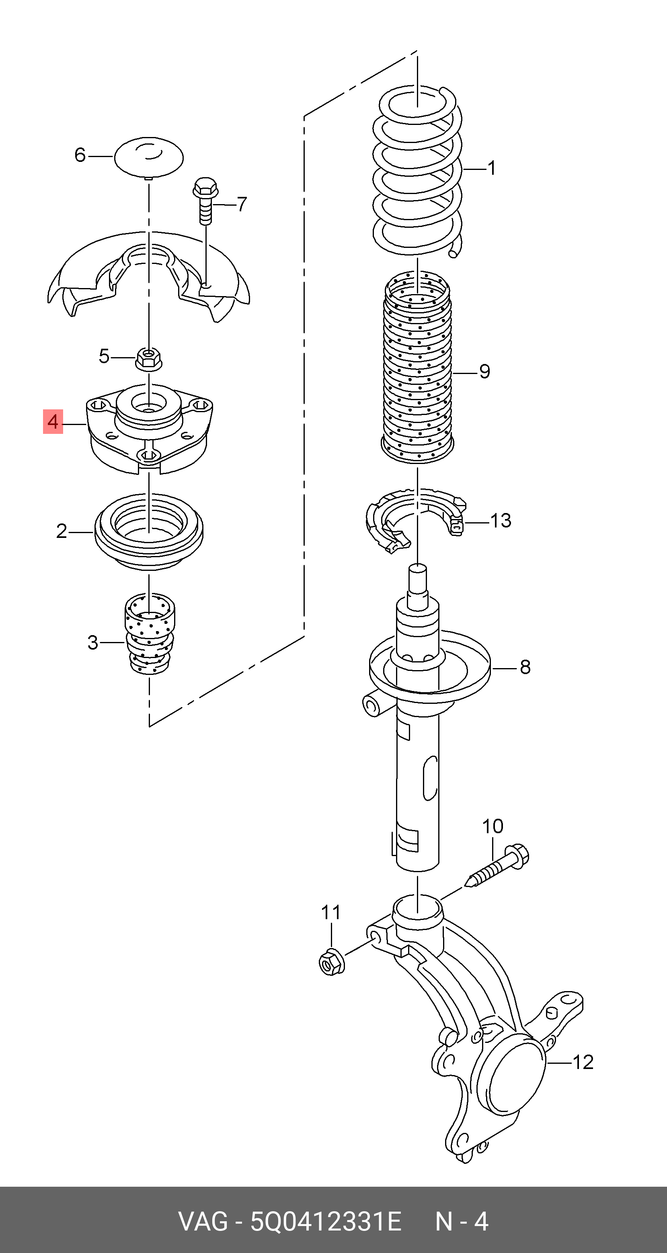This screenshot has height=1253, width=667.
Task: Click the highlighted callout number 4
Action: (53, 421)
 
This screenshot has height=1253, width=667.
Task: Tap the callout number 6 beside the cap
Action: (80, 155)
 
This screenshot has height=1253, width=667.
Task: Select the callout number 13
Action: (501, 521)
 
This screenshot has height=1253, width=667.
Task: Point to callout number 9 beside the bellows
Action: (484, 372)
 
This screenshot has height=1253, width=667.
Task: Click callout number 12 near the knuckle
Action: (583, 1062)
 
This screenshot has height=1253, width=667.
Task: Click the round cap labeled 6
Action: (148, 157)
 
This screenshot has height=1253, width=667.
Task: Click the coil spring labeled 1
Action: (418, 170)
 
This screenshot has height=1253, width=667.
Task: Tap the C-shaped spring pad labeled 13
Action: (414, 521)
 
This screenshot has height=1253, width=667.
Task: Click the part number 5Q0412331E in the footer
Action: (326, 1221)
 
